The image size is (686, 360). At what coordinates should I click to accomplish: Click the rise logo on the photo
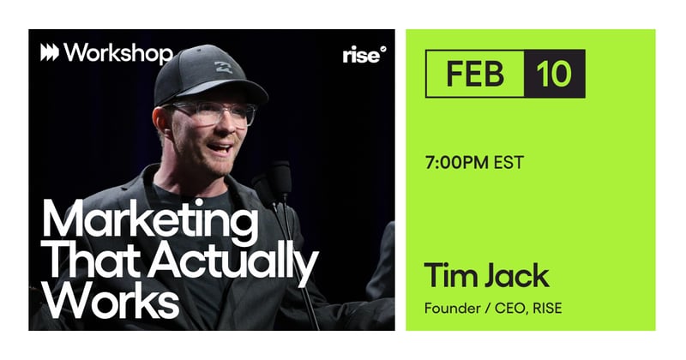point(364,55)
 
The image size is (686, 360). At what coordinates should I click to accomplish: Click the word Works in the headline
point(111,301)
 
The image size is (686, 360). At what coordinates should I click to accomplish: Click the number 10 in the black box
point(554,74)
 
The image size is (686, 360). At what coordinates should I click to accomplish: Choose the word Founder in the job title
point(451,308)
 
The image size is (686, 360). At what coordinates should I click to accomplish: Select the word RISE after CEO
point(541,308)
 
